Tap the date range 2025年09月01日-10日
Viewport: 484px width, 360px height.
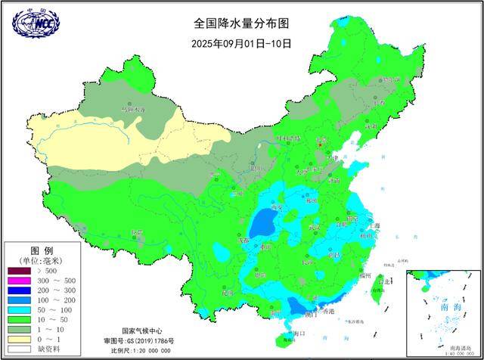pyautogui.click(x=241, y=43)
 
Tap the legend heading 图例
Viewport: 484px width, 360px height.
pyautogui.click(x=41, y=250)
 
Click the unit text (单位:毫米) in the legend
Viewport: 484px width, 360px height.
pyautogui.click(x=41, y=260)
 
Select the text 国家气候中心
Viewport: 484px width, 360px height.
pyautogui.click(x=144, y=331)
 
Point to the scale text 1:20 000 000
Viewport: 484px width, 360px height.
pyautogui.click(x=154, y=350)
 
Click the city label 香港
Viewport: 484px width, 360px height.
pyautogui.click(x=327, y=312)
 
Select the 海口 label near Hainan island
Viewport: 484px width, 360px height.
pyautogui.click(x=298, y=333)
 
